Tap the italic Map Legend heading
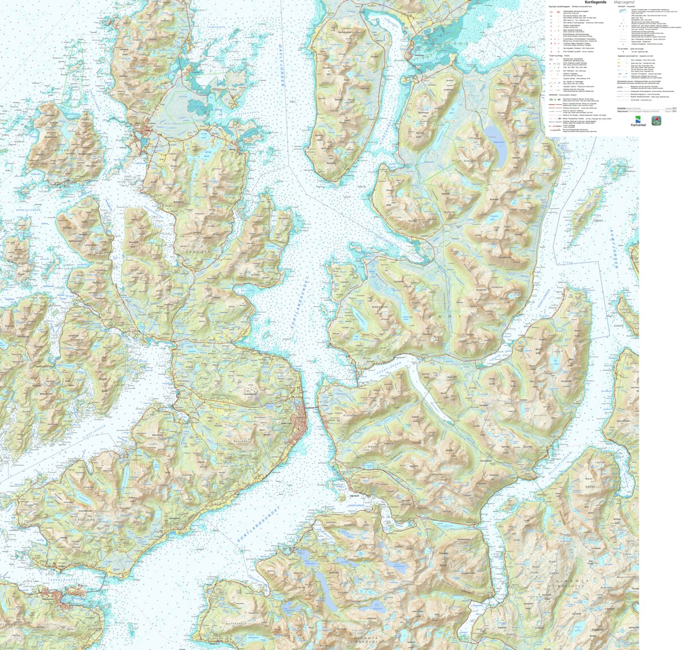tap(625, 2)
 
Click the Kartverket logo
tap(638, 122)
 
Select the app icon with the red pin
tap(656, 120)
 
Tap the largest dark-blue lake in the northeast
tap(495, 143)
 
